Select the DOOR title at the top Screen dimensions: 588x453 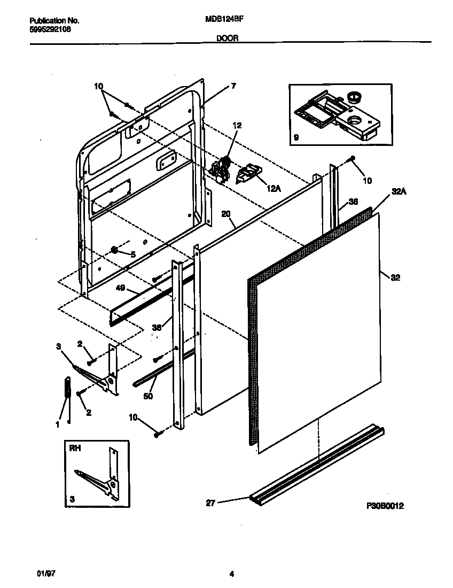point(227,38)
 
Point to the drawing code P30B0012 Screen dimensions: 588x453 point(385,505)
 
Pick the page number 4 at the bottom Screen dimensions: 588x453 point(231,575)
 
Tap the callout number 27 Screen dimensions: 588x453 point(210,502)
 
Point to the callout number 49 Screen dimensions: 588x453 point(120,288)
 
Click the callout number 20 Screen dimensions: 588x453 point(225,213)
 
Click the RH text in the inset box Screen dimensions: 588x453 point(75,449)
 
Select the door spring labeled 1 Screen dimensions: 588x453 point(67,387)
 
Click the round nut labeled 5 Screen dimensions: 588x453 point(114,250)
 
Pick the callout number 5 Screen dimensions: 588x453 point(133,254)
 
